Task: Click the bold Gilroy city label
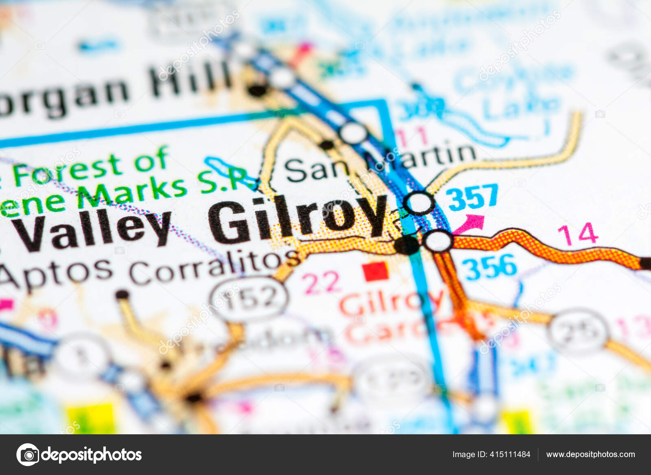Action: pos(297,220)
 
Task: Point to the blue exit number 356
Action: pos(489,267)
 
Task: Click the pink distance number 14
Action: pos(578,234)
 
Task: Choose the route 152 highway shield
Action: pos(249,299)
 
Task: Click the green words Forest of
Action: pos(90,167)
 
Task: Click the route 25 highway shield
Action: pos(578,331)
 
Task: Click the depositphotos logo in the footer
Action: pos(79,455)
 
